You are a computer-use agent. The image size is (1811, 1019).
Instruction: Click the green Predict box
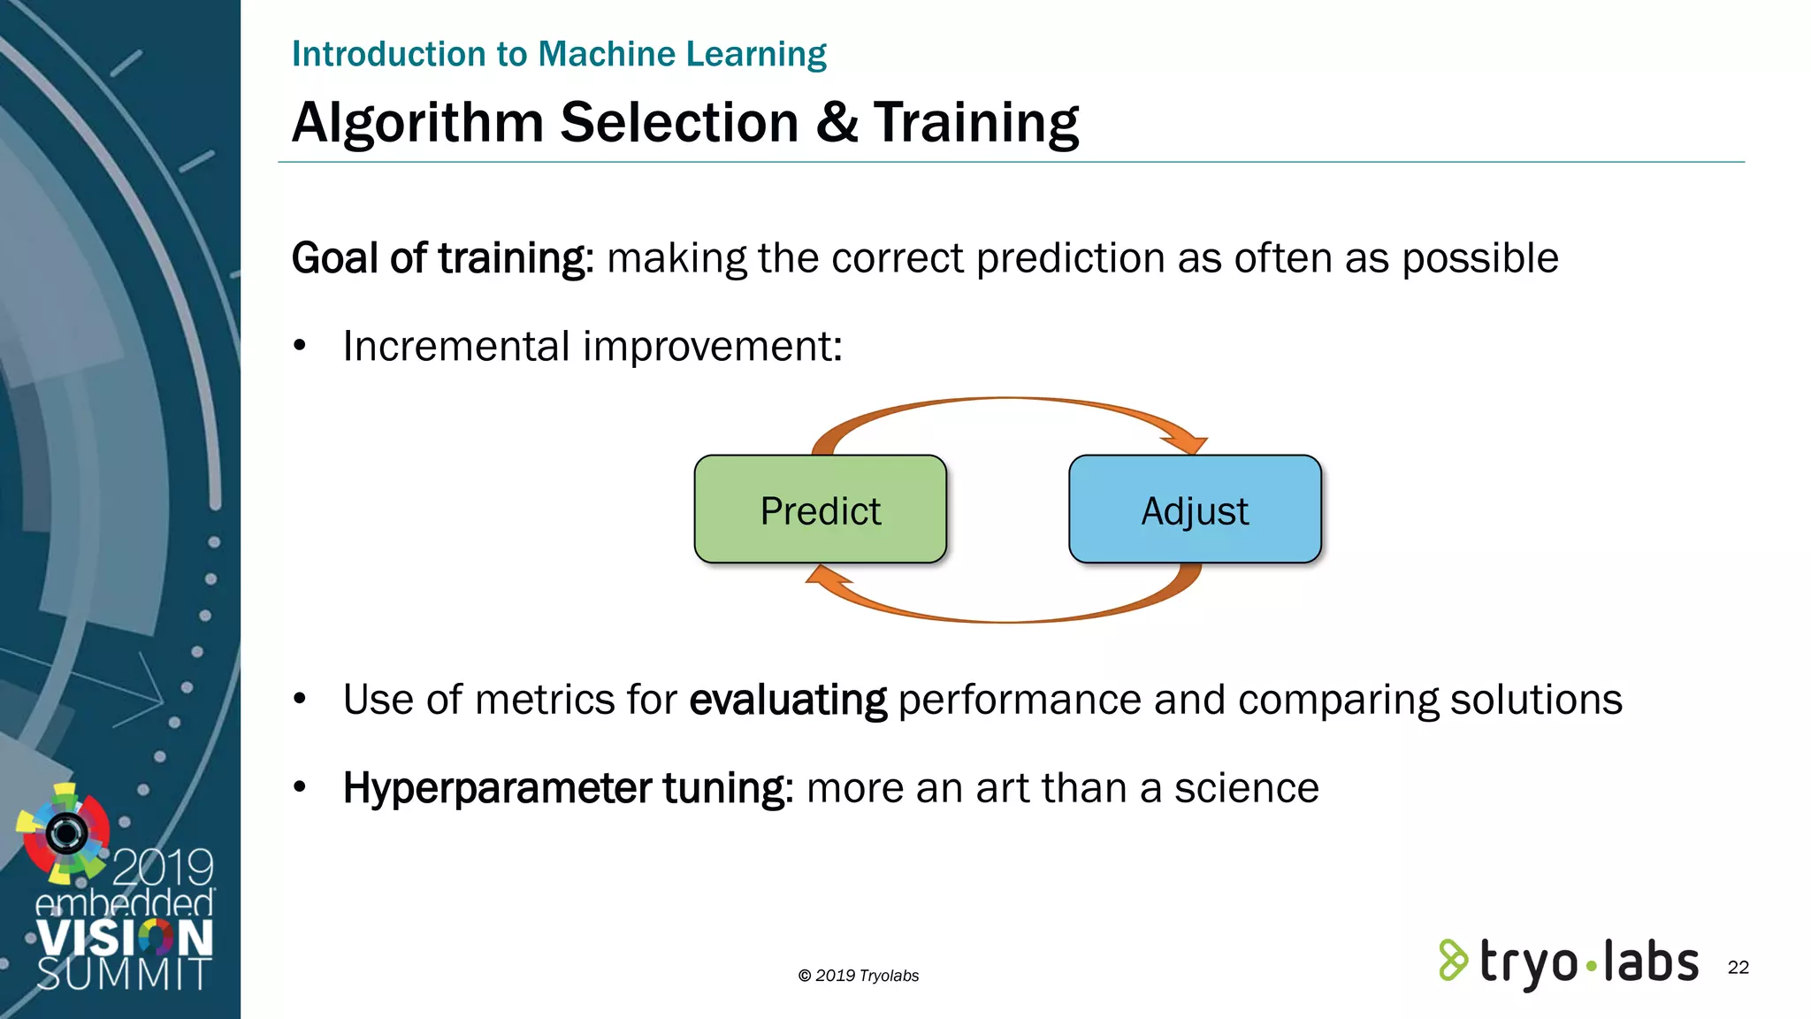click(x=820, y=509)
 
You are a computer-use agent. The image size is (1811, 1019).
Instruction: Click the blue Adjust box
click(x=1195, y=509)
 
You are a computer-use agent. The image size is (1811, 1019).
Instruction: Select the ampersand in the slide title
click(x=837, y=122)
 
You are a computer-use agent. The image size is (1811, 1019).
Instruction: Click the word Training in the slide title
click(x=976, y=122)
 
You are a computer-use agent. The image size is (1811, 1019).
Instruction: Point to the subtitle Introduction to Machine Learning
click(x=559, y=54)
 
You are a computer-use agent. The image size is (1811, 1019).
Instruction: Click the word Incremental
click(x=456, y=346)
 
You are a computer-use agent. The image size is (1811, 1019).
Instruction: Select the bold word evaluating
click(x=788, y=700)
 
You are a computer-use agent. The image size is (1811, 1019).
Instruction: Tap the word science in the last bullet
click(x=1246, y=787)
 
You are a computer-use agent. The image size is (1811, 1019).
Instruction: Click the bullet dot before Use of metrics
click(x=300, y=700)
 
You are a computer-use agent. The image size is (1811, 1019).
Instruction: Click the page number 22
click(x=1738, y=967)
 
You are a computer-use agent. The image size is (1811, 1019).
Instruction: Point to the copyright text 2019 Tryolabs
click(x=859, y=976)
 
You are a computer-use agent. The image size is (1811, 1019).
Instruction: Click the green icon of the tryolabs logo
click(x=1452, y=961)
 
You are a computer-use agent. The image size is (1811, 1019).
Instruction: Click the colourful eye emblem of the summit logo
click(x=65, y=832)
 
